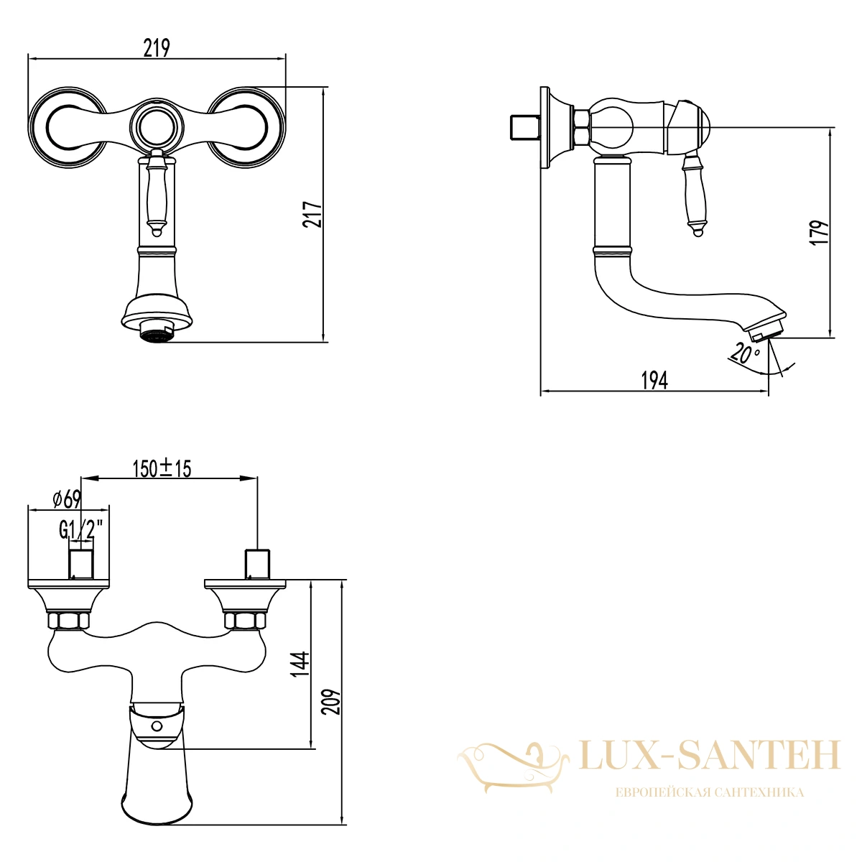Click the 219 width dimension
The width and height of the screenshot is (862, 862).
pos(157,48)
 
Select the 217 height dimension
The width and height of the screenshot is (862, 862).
pos(312,215)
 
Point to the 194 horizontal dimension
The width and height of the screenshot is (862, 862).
pos(654,381)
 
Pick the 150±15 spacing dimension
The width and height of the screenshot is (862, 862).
pos(162,469)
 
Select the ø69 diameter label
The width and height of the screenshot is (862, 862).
pos(67,499)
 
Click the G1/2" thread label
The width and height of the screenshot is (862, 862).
pos(81,531)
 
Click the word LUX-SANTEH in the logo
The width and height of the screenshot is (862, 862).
pos(710,755)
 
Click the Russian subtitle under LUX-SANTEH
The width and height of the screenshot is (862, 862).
pos(710,792)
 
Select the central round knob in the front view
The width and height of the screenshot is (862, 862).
pos(156,126)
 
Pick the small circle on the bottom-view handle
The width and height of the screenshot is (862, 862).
pos(156,726)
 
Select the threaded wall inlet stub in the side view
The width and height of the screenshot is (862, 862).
pos(526,127)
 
